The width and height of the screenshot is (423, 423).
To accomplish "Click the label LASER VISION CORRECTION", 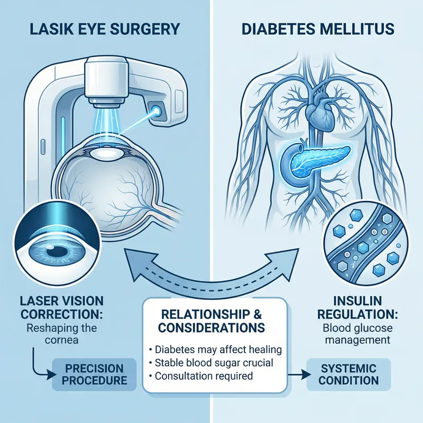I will point(59,307).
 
